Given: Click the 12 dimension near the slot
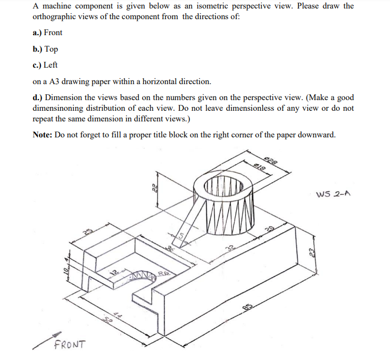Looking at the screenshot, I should coord(113,272).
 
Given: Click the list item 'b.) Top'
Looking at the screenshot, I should coord(45,49).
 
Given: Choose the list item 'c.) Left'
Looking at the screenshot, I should coord(45,65).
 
